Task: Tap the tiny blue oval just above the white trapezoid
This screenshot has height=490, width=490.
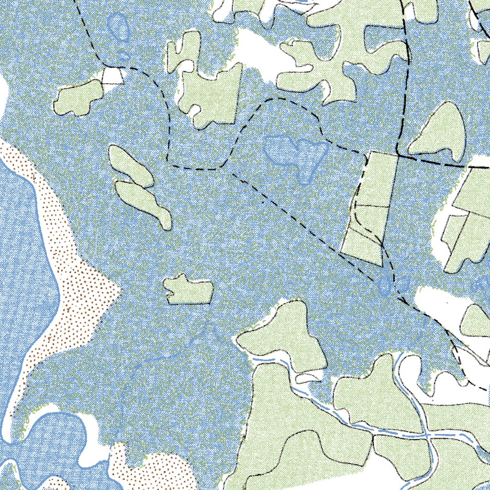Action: [124, 56]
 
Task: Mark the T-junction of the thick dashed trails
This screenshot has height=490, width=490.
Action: [398, 155]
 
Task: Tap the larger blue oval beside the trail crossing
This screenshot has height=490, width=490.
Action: [384, 286]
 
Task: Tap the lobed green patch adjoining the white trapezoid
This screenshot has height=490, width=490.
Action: [79, 98]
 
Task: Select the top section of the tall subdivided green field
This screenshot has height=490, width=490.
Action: [380, 179]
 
